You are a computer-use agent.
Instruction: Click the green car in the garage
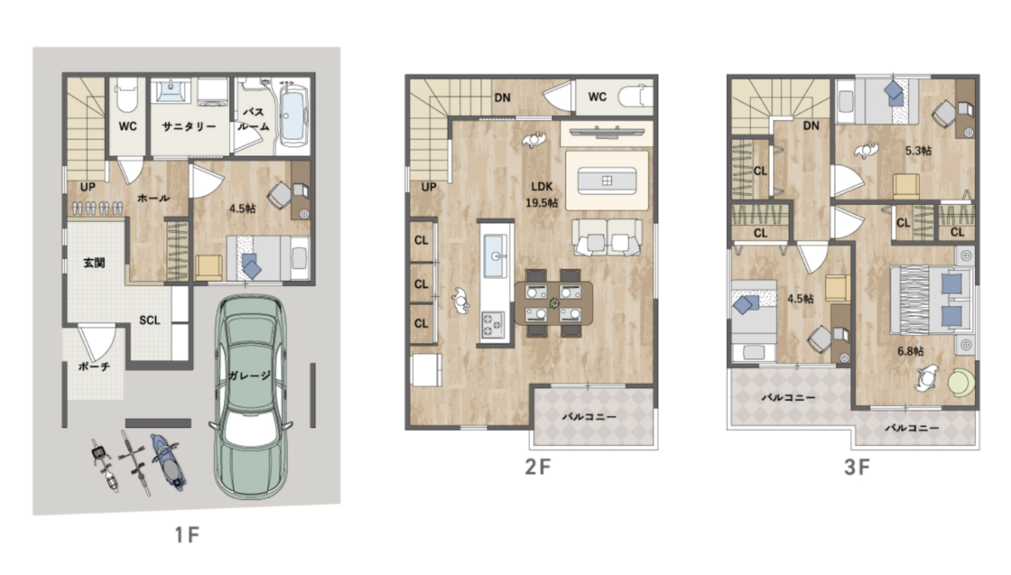(x=249, y=396)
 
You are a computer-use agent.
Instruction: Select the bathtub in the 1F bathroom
(x=293, y=116)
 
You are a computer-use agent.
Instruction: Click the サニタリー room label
(x=189, y=126)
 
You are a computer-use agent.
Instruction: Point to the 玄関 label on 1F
(x=94, y=263)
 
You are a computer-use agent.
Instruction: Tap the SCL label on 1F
(x=150, y=320)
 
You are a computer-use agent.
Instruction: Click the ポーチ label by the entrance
(x=94, y=366)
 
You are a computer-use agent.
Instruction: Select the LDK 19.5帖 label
(x=542, y=195)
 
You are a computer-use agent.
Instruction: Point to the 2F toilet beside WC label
(x=635, y=97)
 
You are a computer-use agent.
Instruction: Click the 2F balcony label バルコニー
(x=589, y=417)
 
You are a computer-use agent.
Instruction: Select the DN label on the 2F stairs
(x=502, y=98)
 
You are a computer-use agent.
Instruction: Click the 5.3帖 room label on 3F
(x=918, y=151)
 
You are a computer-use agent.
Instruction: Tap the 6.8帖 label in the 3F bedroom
(x=911, y=351)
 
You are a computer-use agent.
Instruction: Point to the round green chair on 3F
(x=961, y=381)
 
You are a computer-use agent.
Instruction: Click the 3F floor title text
(x=857, y=467)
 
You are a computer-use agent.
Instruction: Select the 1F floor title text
(x=187, y=534)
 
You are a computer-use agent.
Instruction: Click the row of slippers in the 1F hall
(x=97, y=208)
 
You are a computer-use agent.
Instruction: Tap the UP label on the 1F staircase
(x=88, y=187)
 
